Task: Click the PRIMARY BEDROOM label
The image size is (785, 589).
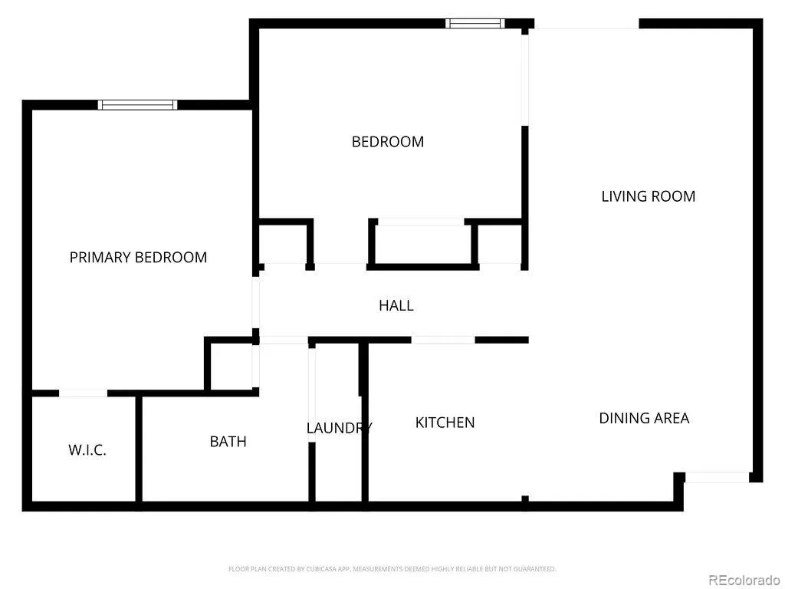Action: pyautogui.click(x=138, y=258)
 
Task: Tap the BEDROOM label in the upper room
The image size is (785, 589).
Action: pyautogui.click(x=388, y=142)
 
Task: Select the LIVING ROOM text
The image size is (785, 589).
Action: pyautogui.click(x=649, y=196)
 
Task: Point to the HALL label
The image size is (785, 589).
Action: pyautogui.click(x=396, y=305)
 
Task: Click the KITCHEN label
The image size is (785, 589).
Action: pyautogui.click(x=445, y=423)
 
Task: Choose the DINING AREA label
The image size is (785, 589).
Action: pyautogui.click(x=644, y=418)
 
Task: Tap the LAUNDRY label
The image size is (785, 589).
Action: pyautogui.click(x=339, y=428)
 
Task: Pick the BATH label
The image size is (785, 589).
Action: pyautogui.click(x=228, y=442)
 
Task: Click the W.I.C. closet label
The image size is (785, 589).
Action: pyautogui.click(x=87, y=449)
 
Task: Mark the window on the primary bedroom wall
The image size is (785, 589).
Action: pyautogui.click(x=137, y=104)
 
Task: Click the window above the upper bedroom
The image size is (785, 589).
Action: pyautogui.click(x=475, y=24)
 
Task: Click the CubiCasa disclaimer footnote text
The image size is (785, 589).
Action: pyautogui.click(x=392, y=569)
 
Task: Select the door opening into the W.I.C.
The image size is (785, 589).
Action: pyautogui.click(x=83, y=393)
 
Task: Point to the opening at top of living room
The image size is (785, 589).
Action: pyautogui.click(x=586, y=24)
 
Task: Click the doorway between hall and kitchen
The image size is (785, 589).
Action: pyautogui.click(x=443, y=340)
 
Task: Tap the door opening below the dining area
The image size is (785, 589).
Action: pyautogui.click(x=717, y=477)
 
